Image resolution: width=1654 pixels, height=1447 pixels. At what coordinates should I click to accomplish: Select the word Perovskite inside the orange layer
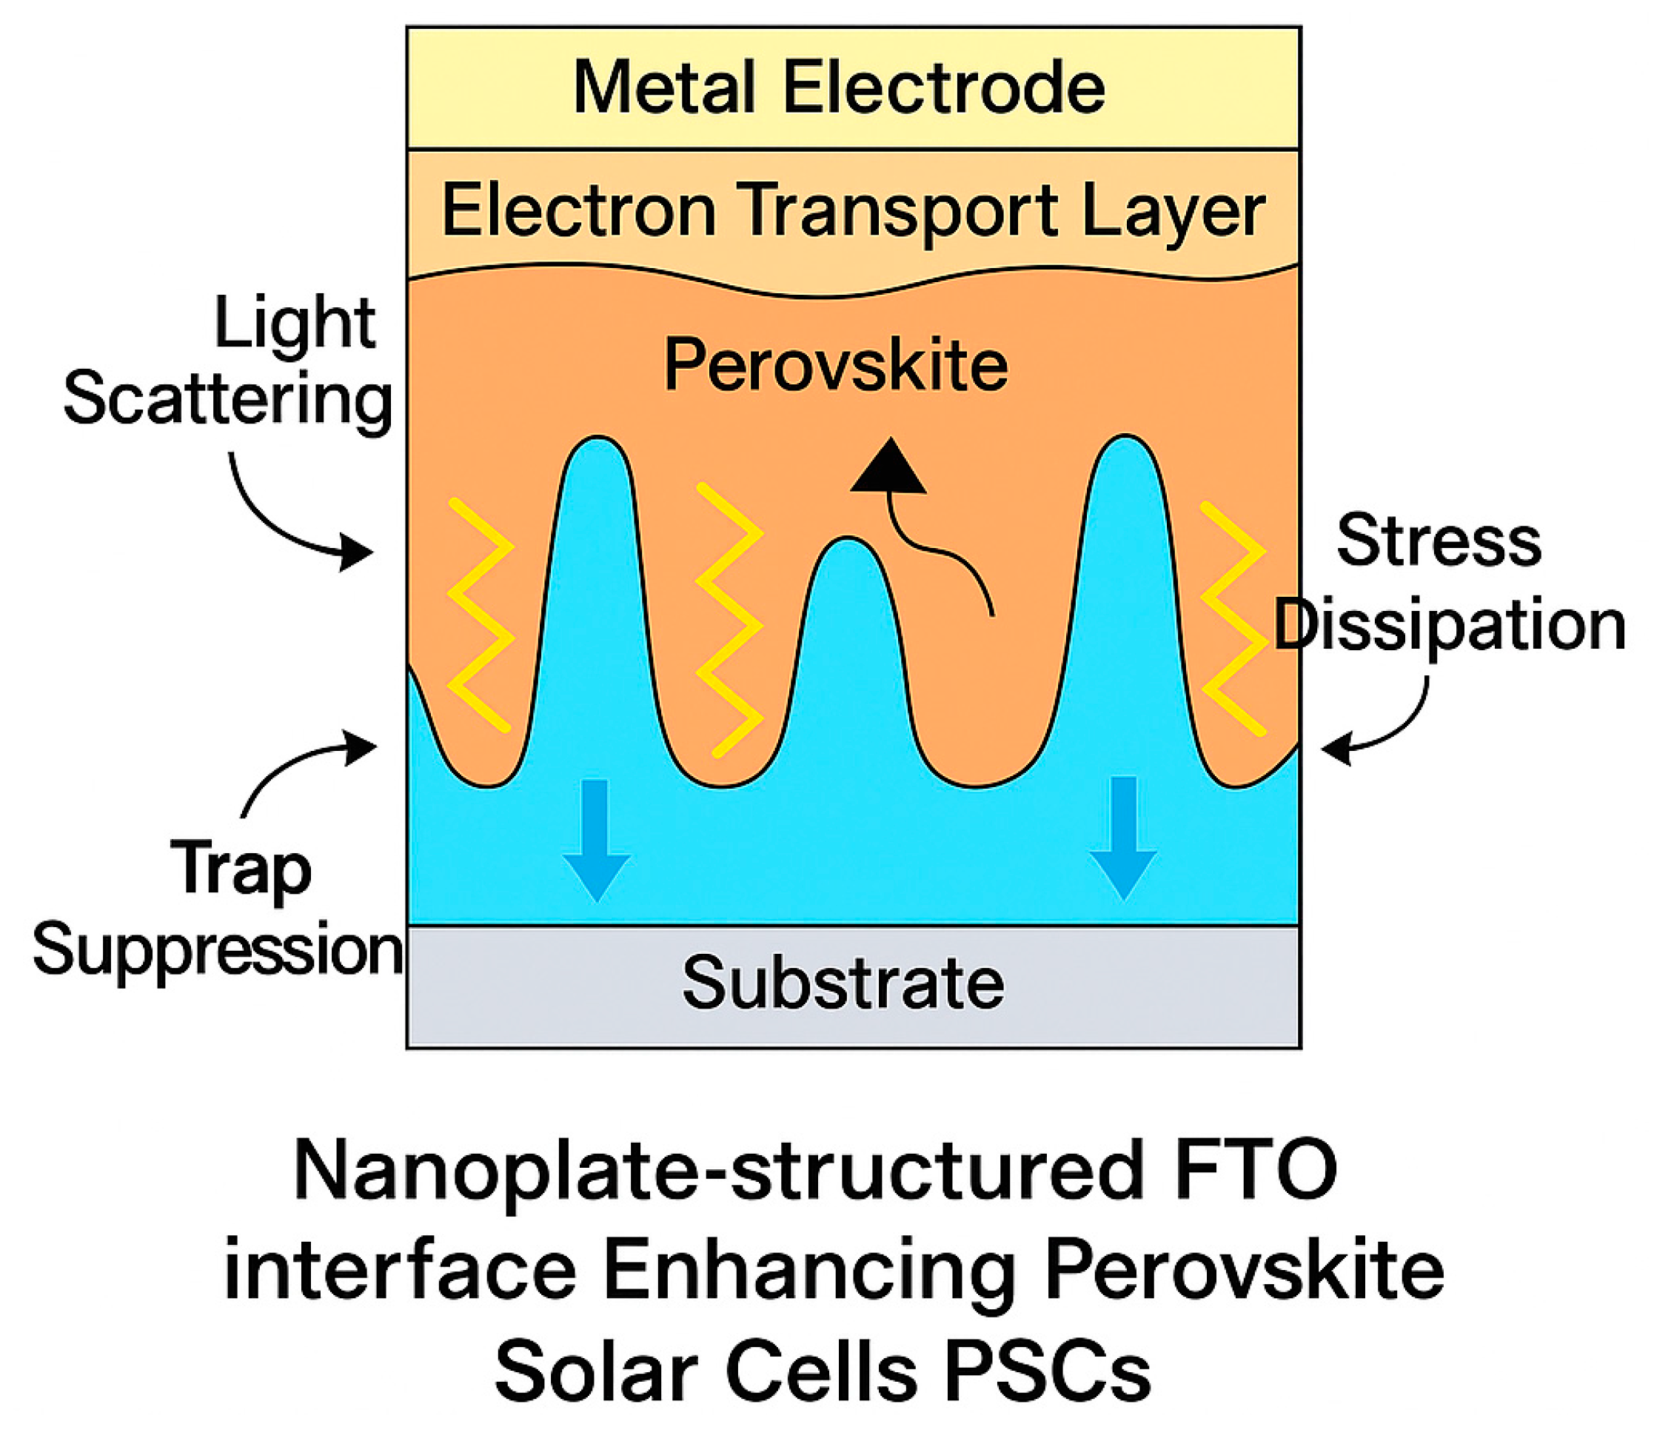(835, 365)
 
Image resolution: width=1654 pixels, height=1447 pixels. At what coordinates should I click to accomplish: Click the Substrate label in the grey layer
(843, 983)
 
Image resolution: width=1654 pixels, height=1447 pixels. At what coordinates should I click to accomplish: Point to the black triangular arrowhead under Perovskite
(888, 467)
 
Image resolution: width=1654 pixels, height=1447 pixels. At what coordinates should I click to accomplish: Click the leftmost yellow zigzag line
(481, 615)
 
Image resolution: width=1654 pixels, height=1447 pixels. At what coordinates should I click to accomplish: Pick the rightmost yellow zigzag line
(1233, 618)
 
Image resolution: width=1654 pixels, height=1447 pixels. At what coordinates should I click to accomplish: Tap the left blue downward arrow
(596, 840)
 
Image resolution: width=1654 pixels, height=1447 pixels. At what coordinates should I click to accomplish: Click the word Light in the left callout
(295, 323)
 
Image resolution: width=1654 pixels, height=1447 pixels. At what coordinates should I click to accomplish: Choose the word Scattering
(229, 400)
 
